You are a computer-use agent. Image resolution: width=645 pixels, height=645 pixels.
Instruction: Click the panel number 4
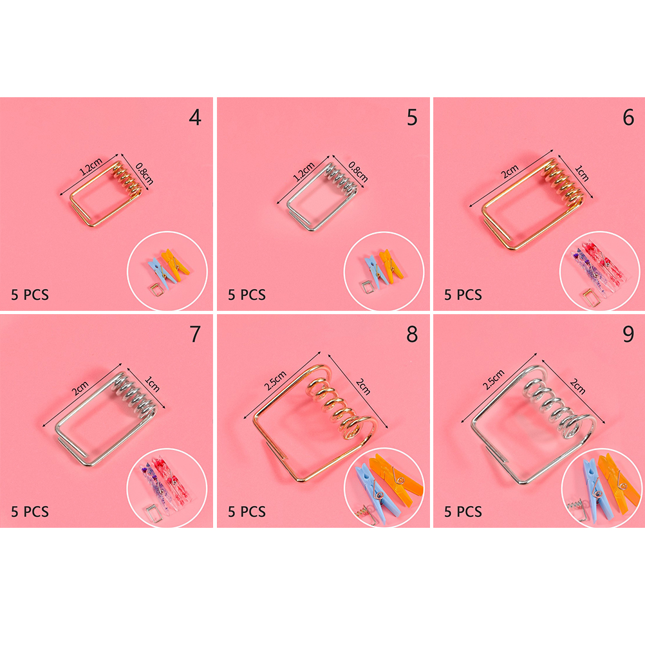point(195,117)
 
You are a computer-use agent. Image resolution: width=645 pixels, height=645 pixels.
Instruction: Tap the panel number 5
point(412,117)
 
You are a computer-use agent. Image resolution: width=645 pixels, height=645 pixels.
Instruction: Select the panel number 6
point(628,117)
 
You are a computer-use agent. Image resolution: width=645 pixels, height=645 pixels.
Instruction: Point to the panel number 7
point(196,334)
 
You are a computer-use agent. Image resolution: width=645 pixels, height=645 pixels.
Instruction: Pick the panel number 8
point(412,334)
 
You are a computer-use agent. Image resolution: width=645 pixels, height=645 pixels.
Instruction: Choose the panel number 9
point(628,334)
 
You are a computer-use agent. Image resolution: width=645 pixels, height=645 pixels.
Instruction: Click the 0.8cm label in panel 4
point(144,174)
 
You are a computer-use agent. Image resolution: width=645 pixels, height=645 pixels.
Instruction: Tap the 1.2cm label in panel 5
point(304,171)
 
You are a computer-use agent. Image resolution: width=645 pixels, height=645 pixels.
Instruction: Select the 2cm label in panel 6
point(510,171)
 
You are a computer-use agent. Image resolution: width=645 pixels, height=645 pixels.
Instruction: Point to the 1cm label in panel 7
point(152,384)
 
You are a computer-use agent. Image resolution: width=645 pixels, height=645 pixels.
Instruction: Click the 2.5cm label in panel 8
point(276,380)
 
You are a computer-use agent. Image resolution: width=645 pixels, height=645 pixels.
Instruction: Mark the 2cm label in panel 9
point(577,386)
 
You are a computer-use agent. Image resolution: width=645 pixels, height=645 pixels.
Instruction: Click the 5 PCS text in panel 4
point(30,295)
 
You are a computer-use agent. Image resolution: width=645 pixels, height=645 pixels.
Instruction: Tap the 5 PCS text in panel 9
point(463,512)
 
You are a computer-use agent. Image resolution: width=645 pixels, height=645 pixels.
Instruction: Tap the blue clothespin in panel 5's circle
point(375,270)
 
